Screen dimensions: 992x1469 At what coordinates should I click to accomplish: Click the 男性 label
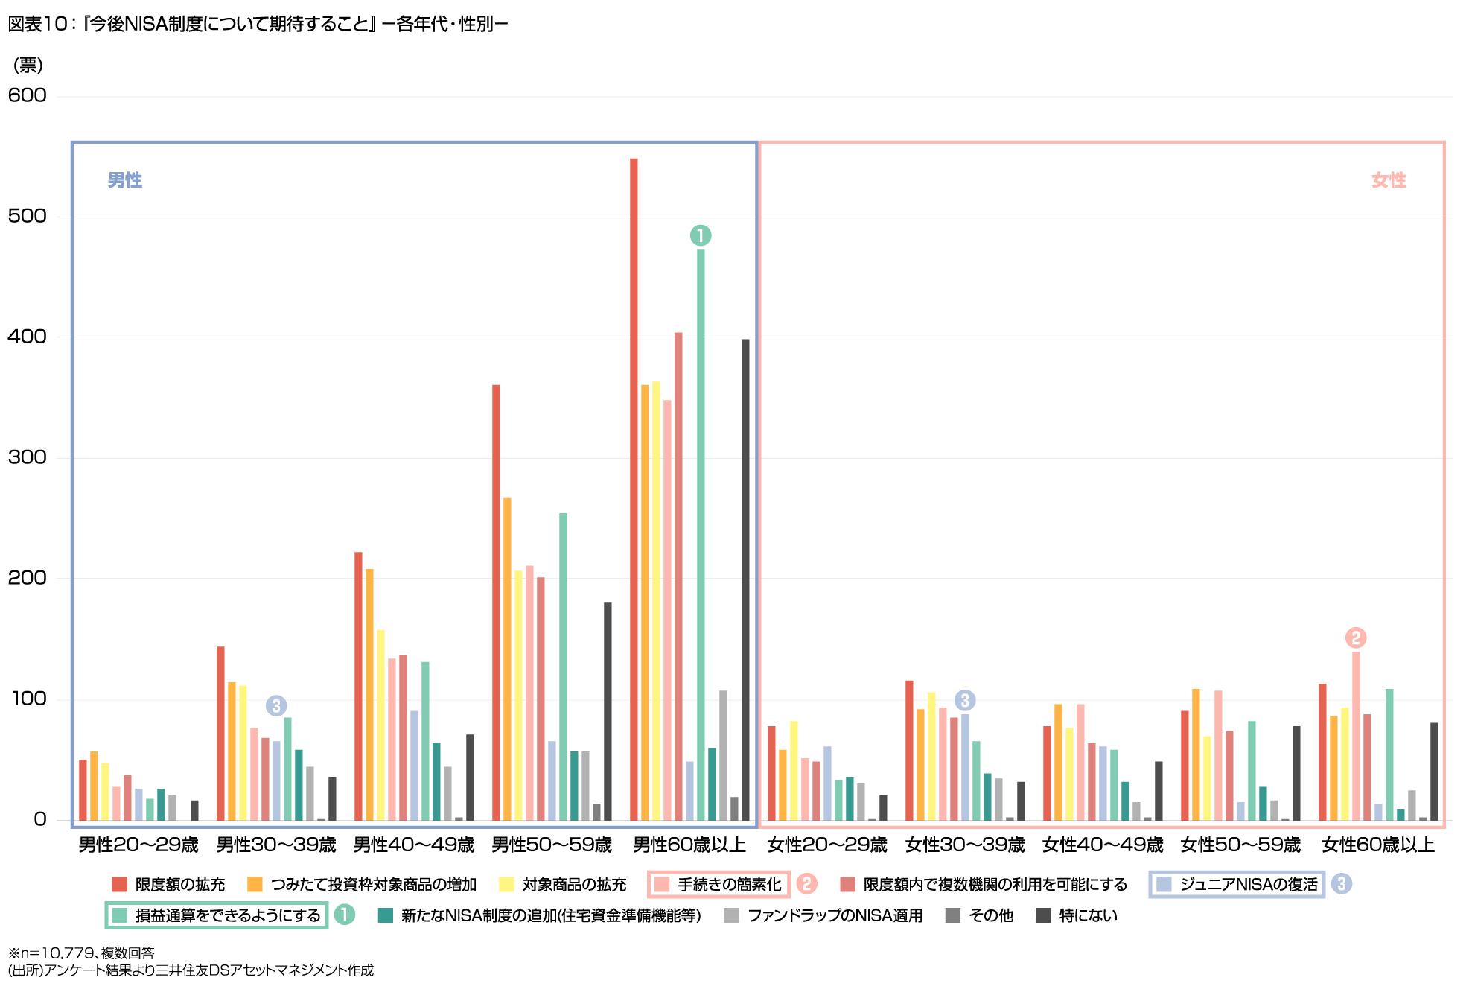pos(125,180)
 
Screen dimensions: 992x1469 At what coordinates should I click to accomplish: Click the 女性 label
pos(1389,180)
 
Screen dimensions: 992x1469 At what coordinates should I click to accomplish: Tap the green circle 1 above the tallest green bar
pos(701,235)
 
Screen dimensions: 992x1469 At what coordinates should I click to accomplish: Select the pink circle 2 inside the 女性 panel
pos(1356,638)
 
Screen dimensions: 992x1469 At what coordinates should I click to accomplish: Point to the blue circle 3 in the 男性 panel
pos(276,705)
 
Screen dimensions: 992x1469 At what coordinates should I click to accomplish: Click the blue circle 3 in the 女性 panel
pos(965,700)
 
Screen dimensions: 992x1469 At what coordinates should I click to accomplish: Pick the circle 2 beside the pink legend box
pos(806,884)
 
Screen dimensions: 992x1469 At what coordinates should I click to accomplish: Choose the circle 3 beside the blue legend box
pos(1341,884)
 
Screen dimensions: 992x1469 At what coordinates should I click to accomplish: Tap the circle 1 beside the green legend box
pos(344,915)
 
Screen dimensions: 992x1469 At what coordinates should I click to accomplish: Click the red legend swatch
pos(119,884)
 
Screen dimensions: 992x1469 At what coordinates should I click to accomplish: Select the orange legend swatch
pos(255,884)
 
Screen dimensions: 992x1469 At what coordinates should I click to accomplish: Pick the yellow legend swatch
pos(506,884)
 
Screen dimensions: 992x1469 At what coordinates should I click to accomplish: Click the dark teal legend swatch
pos(385,915)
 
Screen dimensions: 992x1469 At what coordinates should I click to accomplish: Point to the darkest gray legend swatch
pos(1043,915)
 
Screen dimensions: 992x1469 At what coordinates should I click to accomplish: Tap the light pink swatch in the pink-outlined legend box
pos(662,884)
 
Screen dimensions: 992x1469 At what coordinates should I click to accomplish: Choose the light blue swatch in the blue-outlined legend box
pos(1164,884)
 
